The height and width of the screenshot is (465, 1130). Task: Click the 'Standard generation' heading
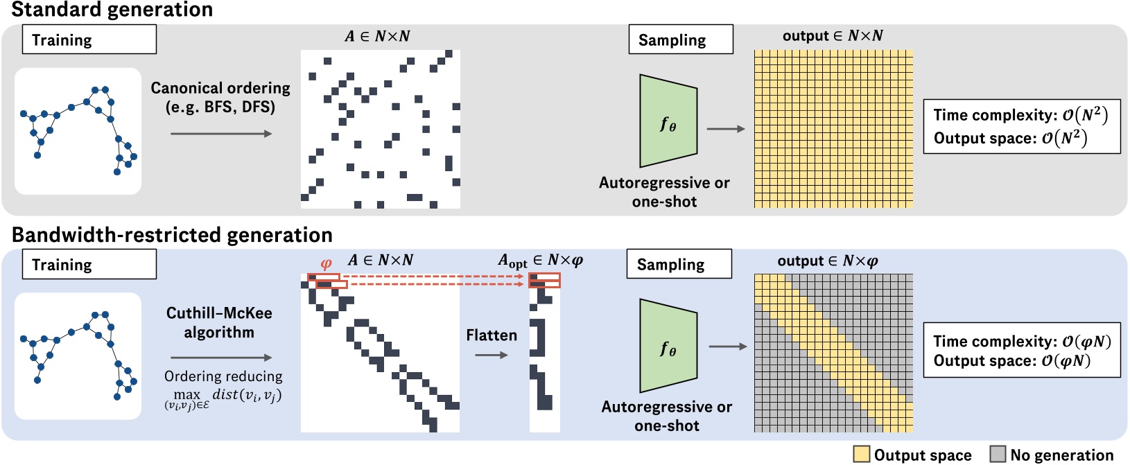[112, 10]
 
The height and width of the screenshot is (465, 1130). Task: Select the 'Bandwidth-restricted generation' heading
[172, 235]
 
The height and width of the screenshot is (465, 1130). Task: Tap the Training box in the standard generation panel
[89, 40]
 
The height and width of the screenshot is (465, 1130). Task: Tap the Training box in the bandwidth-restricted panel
[89, 264]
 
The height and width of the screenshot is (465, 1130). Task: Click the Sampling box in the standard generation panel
[680, 40]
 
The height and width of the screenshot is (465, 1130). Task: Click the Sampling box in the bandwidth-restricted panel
[679, 264]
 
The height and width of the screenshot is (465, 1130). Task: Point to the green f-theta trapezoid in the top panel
[668, 121]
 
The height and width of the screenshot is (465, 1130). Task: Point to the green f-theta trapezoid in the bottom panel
[668, 346]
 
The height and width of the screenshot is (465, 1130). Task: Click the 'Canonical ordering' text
[220, 88]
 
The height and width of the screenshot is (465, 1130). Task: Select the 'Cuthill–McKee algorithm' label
[219, 322]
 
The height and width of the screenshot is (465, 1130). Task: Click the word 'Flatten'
[492, 335]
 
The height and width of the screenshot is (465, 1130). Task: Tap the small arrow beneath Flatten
[492, 355]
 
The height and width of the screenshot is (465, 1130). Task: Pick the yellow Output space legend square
[861, 454]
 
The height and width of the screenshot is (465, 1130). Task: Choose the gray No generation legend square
[998, 454]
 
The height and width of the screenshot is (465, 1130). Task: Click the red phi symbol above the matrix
[326, 263]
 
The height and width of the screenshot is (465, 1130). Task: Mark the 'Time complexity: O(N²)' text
[1020, 115]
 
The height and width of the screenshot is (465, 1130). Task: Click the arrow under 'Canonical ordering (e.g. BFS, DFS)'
[220, 133]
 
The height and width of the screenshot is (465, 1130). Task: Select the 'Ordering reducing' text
[223, 376]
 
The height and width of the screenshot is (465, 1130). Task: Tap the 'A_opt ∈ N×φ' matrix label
[540, 261]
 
